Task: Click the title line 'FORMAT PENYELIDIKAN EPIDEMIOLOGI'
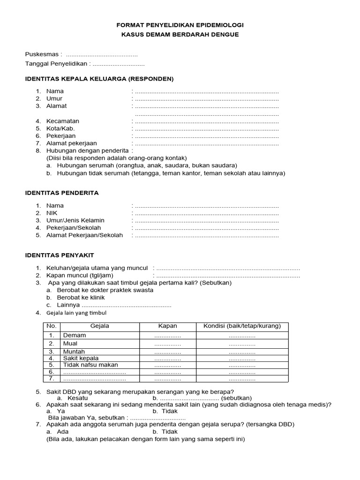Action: point(180,25)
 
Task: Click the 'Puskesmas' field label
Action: point(43,54)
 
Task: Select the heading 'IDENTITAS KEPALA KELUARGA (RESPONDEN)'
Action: point(99,78)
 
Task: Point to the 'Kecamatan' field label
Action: point(63,121)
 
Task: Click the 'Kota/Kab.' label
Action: point(60,128)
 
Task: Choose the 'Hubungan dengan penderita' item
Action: point(87,150)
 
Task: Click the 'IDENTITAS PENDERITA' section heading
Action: point(61,193)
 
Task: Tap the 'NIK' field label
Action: point(52,213)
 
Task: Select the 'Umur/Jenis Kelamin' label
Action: point(75,220)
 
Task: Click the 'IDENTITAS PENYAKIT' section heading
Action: point(59,255)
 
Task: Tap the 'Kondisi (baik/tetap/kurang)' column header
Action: point(242,326)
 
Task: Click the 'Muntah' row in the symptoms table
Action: point(74,352)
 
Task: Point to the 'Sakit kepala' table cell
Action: point(81,358)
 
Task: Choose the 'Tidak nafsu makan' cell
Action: point(90,365)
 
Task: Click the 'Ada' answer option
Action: point(63,432)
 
